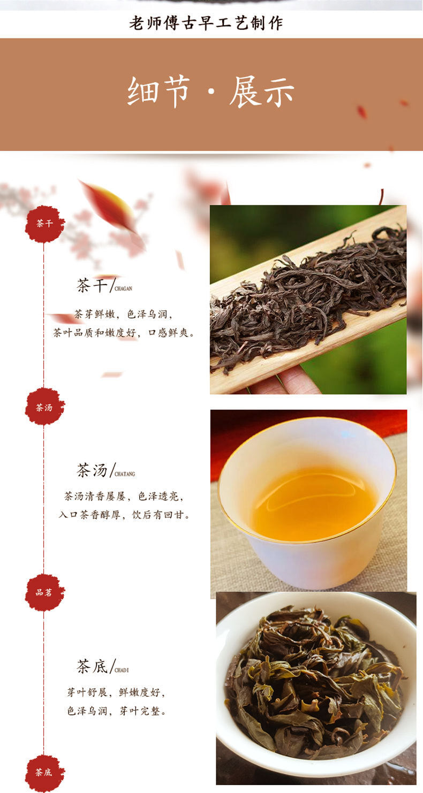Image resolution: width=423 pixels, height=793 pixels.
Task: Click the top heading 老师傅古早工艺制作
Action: click(206, 23)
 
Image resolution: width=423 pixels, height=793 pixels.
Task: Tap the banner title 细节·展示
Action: click(211, 91)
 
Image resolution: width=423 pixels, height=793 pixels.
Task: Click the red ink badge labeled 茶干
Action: click(44, 224)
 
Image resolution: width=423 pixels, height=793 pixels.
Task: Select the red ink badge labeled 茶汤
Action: click(44, 407)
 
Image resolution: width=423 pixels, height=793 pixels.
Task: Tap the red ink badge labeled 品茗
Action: click(44, 592)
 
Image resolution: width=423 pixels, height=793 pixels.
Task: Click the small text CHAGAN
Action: click(123, 288)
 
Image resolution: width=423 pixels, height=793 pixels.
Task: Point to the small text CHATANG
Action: click(125, 474)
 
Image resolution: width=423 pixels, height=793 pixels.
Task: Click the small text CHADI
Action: click(122, 670)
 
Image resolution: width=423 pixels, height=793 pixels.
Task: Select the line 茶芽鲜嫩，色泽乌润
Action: click(123, 314)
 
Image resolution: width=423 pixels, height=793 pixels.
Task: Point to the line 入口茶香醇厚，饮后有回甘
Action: click(124, 514)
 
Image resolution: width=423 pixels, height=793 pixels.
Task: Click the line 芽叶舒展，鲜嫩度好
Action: click(116, 692)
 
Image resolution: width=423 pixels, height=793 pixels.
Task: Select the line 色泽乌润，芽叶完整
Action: click(116, 711)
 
